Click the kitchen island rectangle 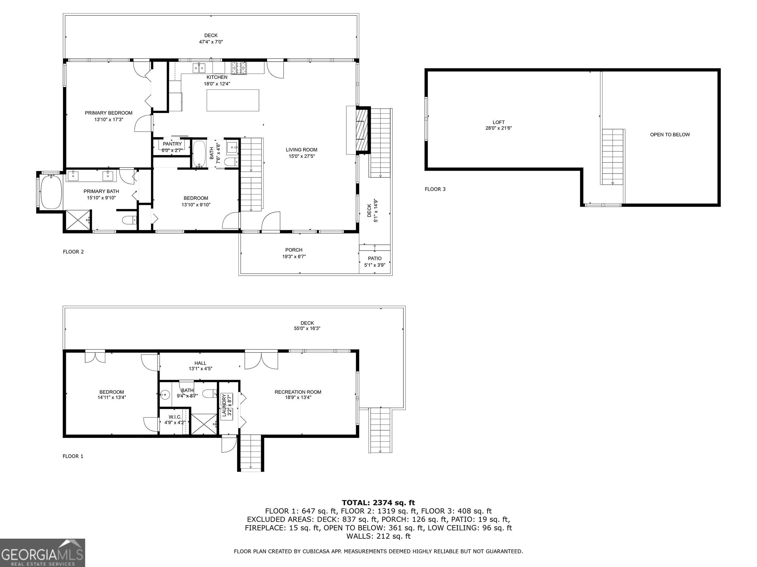click(x=233, y=100)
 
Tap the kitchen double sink click(x=200, y=68)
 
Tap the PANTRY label click(x=172, y=144)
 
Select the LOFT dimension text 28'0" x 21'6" click(x=498, y=128)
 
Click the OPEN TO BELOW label click(x=670, y=135)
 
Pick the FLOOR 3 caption click(x=435, y=189)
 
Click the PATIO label click(x=374, y=258)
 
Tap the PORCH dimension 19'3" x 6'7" click(x=294, y=256)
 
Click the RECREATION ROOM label click(x=298, y=392)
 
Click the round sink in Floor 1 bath click(x=165, y=395)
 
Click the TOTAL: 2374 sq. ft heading click(x=378, y=503)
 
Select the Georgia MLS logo click(x=43, y=553)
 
